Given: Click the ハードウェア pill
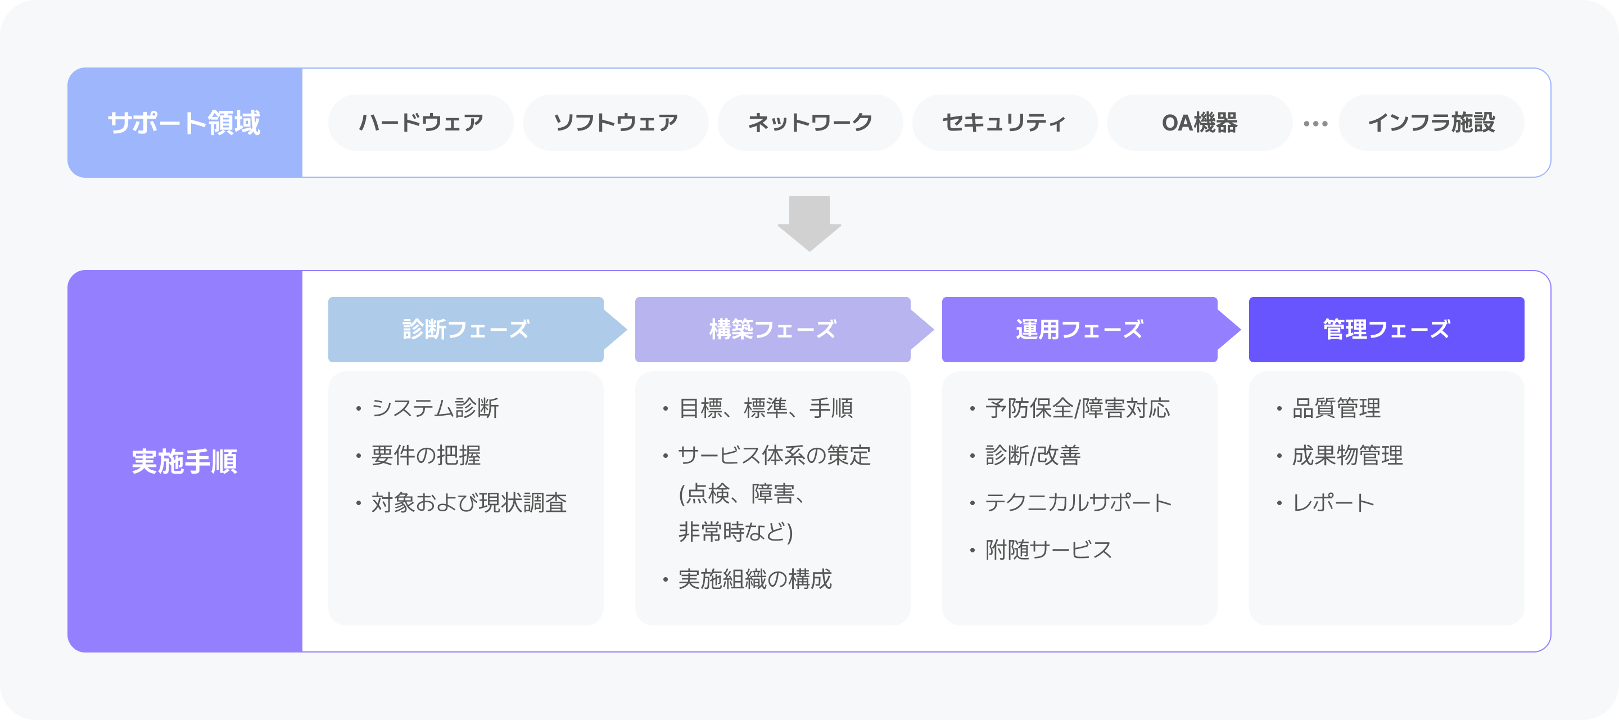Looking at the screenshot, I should pyautogui.click(x=420, y=123).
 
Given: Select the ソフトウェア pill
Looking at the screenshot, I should pyautogui.click(x=616, y=123).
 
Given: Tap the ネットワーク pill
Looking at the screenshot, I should pyautogui.click(x=810, y=123).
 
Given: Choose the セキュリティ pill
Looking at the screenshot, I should pyautogui.click(x=1005, y=123).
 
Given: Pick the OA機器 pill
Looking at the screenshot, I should pyautogui.click(x=1199, y=123).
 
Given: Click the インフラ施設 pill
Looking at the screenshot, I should pyautogui.click(x=1431, y=123).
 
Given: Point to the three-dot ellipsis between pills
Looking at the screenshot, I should pyautogui.click(x=1315, y=124).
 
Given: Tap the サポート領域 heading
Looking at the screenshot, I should pyautogui.click(x=184, y=123).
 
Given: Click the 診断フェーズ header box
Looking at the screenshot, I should pyautogui.click(x=465, y=330).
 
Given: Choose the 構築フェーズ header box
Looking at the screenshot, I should pyautogui.click(x=772, y=330).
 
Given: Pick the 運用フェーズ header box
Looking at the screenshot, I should pyautogui.click(x=1079, y=330).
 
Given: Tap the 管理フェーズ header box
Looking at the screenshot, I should pyautogui.click(x=1386, y=330).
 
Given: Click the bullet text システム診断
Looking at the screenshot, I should pyautogui.click(x=435, y=408).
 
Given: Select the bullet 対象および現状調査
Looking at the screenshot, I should pyautogui.click(x=469, y=502).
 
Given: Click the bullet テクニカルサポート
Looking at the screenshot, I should pyautogui.click(x=1078, y=502).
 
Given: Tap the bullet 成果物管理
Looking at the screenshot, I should pyautogui.click(x=1347, y=455).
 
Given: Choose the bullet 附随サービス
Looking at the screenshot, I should pyautogui.click(x=1048, y=550).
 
